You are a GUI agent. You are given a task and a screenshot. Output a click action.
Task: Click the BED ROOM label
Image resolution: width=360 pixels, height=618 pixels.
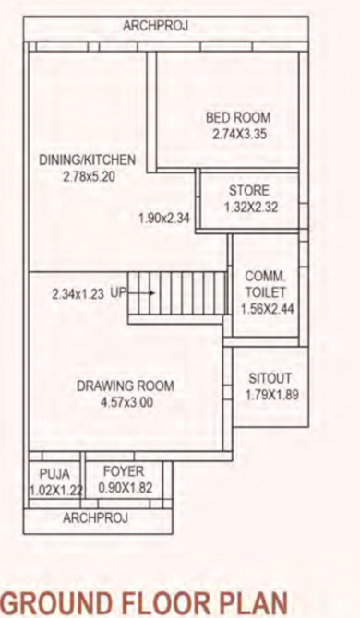237,117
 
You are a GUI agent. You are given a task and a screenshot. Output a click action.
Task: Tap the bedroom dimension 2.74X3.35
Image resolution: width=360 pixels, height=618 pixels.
237,134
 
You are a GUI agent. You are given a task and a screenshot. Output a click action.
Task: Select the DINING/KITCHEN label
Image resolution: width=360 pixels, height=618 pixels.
88,160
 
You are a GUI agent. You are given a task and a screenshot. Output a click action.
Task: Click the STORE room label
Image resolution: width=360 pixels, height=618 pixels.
249,191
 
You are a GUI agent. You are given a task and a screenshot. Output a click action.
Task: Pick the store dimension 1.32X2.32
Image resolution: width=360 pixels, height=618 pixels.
250,208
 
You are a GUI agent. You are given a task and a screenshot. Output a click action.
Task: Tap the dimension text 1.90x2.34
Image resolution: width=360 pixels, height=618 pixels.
163,219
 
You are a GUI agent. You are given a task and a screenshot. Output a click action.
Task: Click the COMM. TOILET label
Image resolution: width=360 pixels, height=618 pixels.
266,284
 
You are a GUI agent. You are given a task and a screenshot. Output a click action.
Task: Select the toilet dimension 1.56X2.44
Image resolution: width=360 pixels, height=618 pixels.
266,308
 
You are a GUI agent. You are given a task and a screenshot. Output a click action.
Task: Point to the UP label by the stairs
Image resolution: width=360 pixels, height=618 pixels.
118,293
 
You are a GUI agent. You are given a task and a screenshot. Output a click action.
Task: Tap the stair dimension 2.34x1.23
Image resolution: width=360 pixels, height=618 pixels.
79,293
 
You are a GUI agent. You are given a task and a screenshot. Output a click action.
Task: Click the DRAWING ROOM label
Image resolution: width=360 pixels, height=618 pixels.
125,386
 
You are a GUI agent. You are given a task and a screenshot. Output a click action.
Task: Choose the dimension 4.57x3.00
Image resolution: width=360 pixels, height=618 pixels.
126,402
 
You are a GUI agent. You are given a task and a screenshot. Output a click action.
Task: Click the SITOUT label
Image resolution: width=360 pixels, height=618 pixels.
270,378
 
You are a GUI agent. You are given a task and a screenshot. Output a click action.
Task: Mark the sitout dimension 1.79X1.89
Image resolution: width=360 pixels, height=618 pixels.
270,396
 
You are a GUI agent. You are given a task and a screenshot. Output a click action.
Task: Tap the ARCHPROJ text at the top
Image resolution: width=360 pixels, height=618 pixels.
155,27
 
